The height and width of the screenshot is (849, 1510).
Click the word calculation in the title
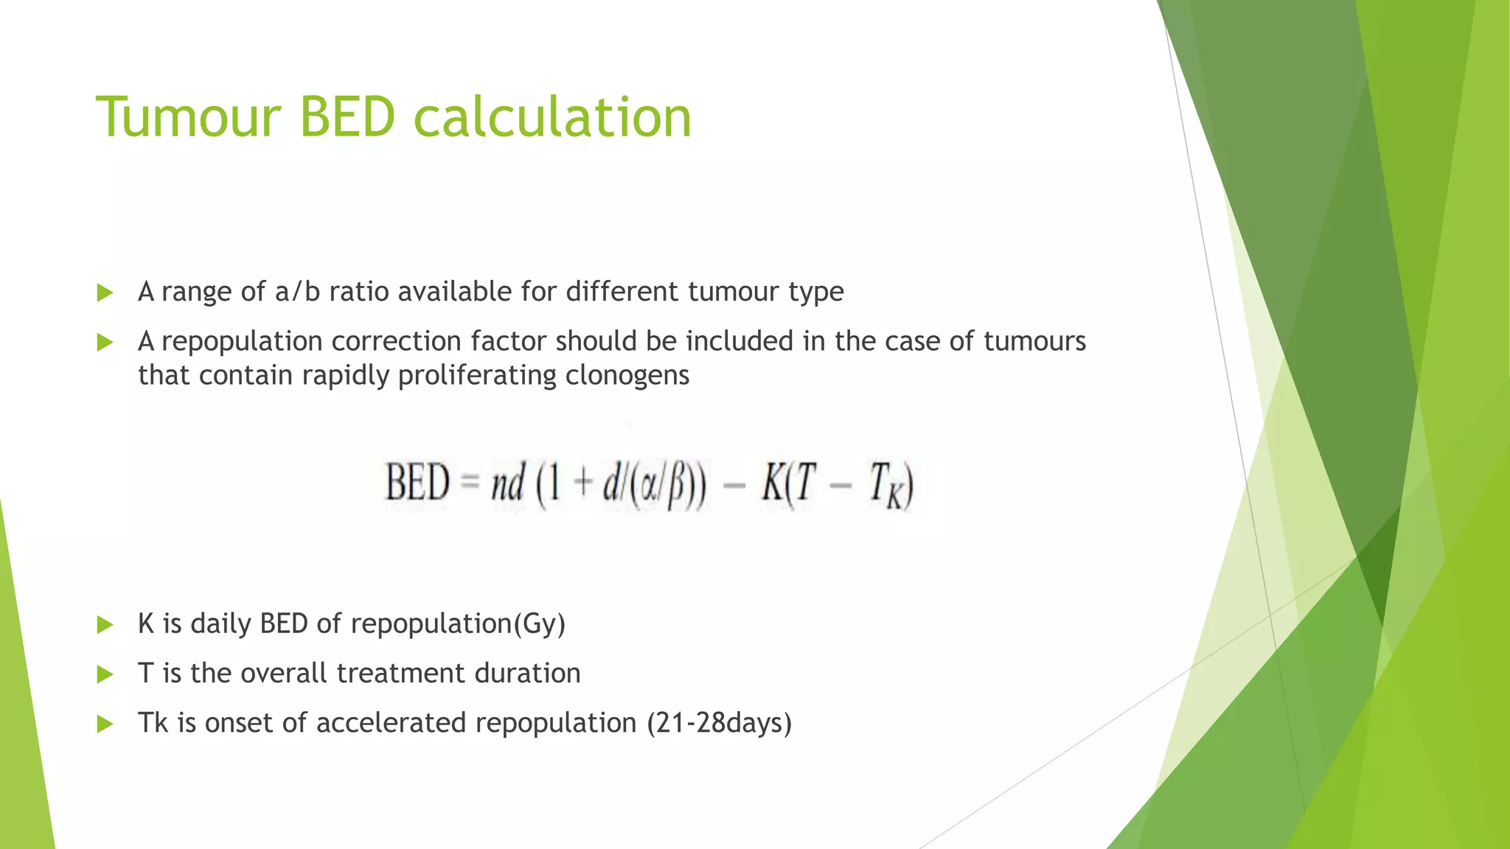coord(552,117)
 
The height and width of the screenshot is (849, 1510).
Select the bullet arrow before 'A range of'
coord(105,293)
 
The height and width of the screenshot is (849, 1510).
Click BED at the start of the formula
coord(417,483)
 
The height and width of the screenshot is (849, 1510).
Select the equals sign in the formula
coord(470,483)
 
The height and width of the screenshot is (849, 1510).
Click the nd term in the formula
coord(508,483)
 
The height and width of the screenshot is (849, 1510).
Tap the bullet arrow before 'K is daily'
coord(105,625)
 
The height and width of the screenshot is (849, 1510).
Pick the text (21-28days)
coord(719,723)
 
